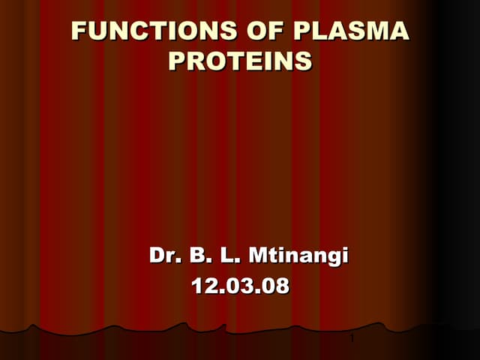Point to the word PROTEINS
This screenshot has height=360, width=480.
coord(240,60)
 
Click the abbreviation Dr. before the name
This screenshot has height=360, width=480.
coord(164,256)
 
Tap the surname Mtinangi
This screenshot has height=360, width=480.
coord(298,256)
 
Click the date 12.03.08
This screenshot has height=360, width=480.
coord(240,286)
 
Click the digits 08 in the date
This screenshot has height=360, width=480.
coord(275,286)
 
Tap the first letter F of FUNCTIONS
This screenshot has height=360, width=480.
coord(78,31)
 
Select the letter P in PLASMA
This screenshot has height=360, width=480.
coord(304,31)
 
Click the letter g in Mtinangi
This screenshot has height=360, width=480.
coord(332,258)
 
